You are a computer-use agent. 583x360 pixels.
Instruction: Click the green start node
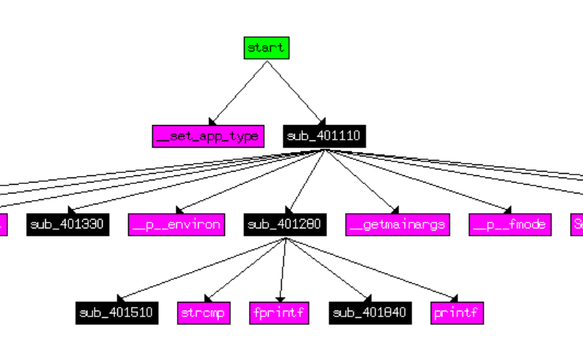click(266, 48)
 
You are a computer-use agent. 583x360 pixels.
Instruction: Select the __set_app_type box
click(207, 136)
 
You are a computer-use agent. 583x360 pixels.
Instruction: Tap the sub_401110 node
click(323, 136)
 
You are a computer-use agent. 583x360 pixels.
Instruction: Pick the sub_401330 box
click(68, 225)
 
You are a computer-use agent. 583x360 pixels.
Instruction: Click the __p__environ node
click(177, 225)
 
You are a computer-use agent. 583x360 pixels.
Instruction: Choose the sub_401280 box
click(285, 225)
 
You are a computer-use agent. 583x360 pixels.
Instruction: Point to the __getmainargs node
click(397, 225)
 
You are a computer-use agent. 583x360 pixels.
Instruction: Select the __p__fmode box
click(509, 225)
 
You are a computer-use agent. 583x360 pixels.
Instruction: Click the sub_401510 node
click(116, 313)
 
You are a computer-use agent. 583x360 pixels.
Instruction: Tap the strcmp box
click(204, 313)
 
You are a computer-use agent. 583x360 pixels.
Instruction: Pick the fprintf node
click(279, 313)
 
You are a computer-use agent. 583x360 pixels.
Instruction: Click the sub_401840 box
click(370, 313)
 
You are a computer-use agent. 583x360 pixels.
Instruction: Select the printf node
click(456, 313)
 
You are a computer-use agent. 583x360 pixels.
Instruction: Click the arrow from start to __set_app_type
click(238, 92)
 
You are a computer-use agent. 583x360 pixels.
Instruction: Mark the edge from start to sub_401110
click(294, 92)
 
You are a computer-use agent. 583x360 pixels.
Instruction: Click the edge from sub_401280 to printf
click(371, 269)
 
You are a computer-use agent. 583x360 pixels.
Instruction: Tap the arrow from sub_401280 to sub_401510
click(200, 269)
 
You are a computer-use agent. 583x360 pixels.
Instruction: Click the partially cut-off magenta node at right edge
click(577, 225)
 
